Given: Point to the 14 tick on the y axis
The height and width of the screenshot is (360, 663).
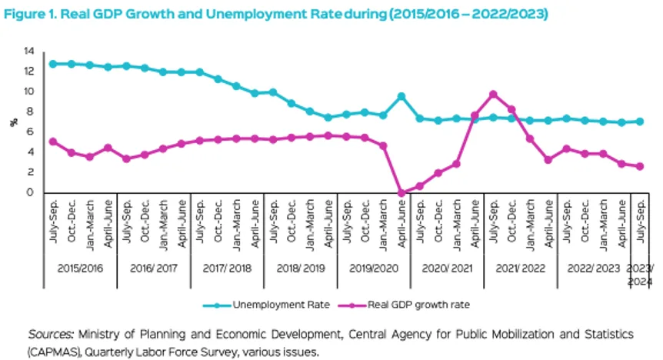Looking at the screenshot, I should [29, 51].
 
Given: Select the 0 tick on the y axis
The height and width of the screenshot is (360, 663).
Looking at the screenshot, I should [32, 193].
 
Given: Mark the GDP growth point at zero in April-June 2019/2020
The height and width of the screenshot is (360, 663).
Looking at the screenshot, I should [401, 193].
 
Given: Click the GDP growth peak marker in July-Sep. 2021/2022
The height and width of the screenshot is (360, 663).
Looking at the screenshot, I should [493, 95].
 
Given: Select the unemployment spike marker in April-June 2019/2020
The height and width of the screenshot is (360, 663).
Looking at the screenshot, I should [401, 96].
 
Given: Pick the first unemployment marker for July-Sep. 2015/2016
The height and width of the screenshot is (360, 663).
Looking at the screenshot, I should [53, 64].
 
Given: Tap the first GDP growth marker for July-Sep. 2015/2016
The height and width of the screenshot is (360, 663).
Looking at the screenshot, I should [53, 142].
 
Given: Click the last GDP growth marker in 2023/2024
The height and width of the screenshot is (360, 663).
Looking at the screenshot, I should [640, 166].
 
